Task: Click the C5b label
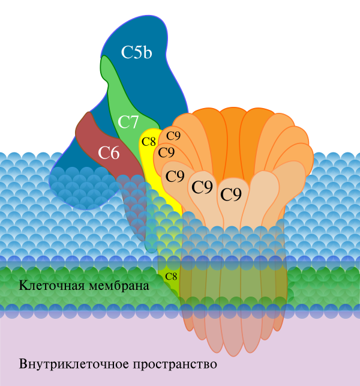click(136, 52)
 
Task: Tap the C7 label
click(128, 122)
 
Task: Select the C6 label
click(109, 152)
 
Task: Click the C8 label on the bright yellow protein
click(148, 142)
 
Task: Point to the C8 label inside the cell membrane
click(171, 276)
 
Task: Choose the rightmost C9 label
click(231, 195)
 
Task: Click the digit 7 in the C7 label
click(135, 122)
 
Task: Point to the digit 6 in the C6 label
click(115, 152)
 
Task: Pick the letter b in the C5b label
click(147, 52)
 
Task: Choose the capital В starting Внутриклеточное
click(23, 364)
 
